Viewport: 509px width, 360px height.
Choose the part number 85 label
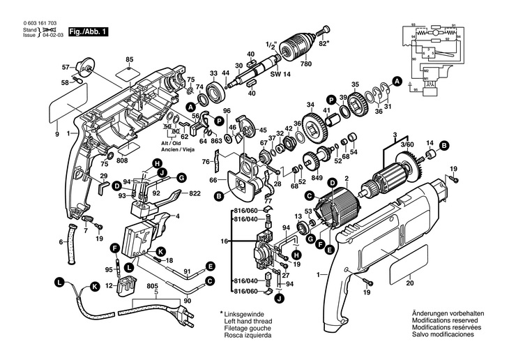(130, 59)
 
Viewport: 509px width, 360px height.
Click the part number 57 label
(66, 68)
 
